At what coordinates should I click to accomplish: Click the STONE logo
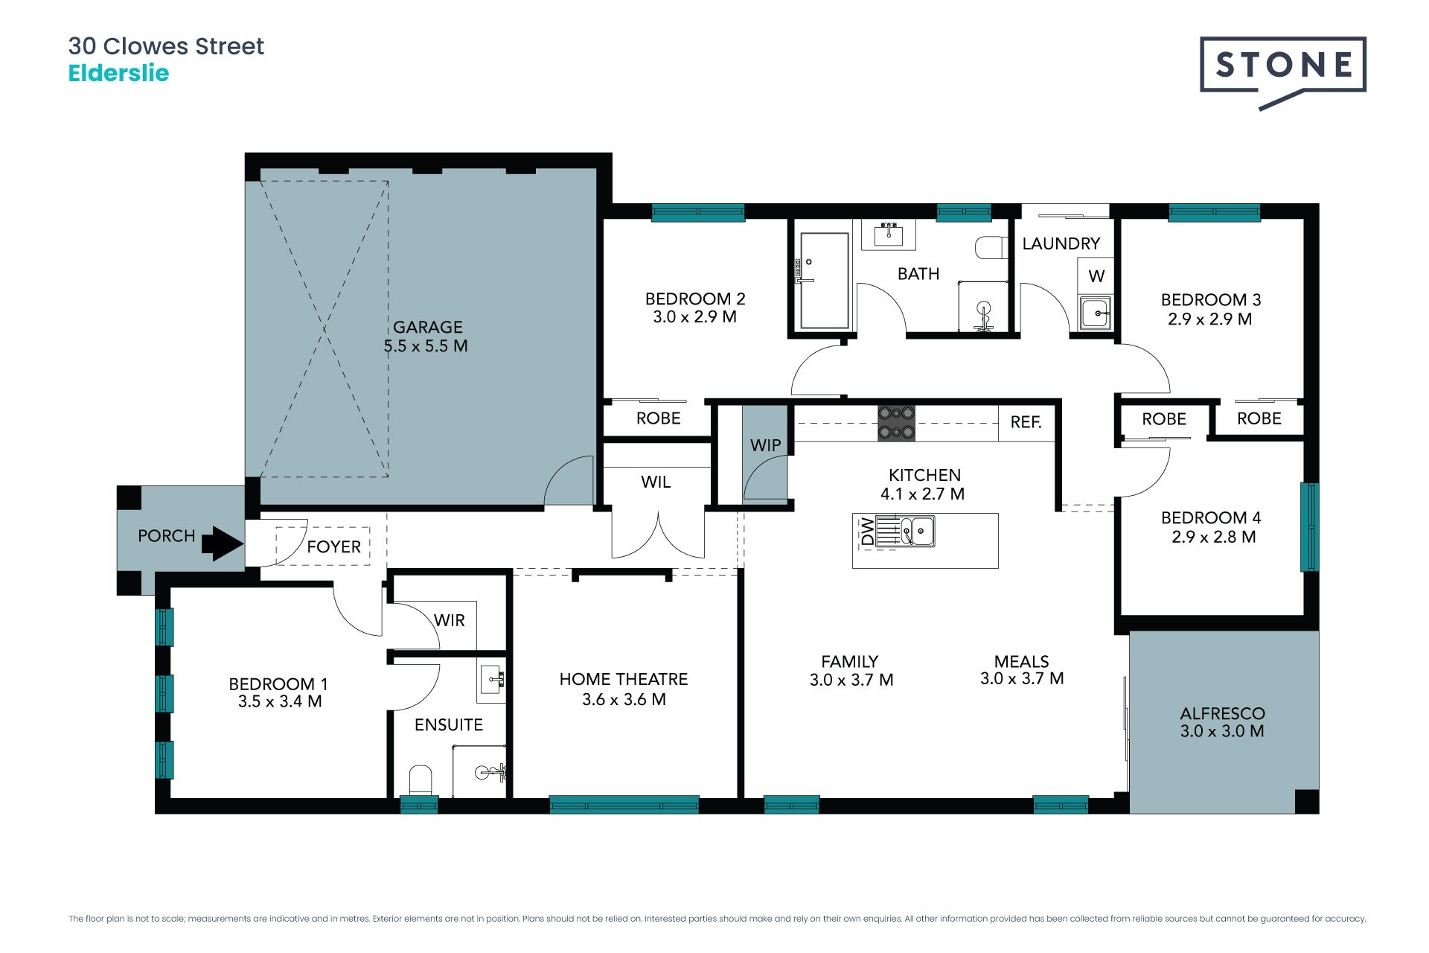(x=1283, y=71)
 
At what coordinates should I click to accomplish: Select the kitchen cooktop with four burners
(x=896, y=423)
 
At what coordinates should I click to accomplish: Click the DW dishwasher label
(x=867, y=532)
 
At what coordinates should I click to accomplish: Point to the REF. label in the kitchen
(x=1026, y=422)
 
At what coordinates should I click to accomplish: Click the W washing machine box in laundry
(x=1096, y=276)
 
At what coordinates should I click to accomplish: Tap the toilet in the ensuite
(x=421, y=780)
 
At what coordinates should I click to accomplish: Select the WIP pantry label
(x=765, y=445)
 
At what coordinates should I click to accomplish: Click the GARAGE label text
(x=428, y=327)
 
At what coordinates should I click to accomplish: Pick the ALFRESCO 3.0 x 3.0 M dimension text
(x=1222, y=731)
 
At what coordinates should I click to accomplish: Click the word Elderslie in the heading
(x=118, y=73)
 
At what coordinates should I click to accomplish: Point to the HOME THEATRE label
(x=624, y=679)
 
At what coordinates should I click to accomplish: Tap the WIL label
(x=656, y=482)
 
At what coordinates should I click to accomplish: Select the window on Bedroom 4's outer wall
(x=1309, y=527)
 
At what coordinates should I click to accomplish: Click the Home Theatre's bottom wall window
(x=624, y=804)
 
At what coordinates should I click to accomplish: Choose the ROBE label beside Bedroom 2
(x=658, y=418)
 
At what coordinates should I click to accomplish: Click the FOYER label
(x=333, y=546)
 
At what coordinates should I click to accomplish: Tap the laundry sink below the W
(x=1096, y=313)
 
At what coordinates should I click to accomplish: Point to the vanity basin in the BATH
(x=889, y=234)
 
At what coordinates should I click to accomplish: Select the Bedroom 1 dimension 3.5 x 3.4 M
(x=280, y=701)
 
